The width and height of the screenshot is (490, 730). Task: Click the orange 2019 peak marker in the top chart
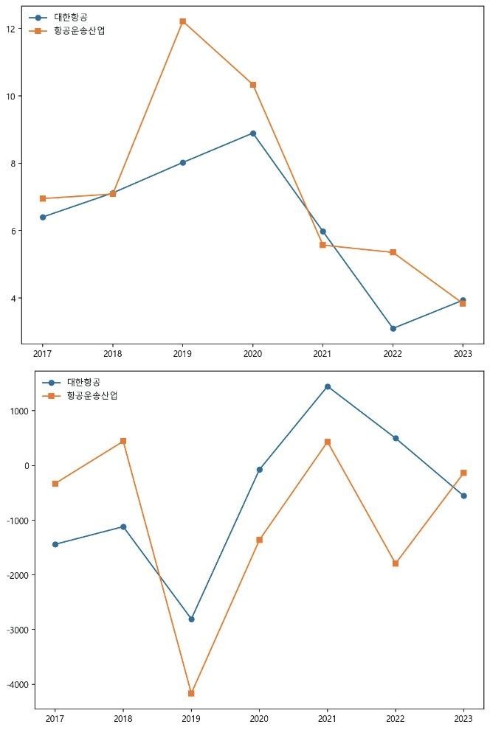tap(182, 21)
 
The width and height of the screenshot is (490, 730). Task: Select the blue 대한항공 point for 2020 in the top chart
tap(252, 133)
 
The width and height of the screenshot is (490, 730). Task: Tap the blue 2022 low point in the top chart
tap(393, 328)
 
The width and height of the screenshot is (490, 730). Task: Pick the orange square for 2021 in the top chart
tap(322, 245)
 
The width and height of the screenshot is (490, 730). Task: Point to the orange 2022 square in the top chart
tap(393, 252)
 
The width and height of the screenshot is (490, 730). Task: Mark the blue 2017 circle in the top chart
tap(43, 217)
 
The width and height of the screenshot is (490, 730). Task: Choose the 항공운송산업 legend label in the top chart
tap(80, 30)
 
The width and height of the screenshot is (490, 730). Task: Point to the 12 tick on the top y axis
tap(11, 29)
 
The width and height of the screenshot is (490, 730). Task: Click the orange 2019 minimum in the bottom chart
tap(191, 693)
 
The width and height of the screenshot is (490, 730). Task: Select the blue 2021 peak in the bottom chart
tap(327, 386)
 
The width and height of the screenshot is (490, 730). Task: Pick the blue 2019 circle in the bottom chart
tap(191, 619)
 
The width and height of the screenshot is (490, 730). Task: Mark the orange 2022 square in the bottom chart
tap(396, 563)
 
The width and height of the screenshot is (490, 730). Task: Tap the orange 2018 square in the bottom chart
tap(123, 441)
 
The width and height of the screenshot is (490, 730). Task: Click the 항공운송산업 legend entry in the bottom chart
tap(92, 396)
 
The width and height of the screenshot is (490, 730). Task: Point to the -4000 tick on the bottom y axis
tap(18, 684)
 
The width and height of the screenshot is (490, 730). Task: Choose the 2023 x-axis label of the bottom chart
tap(463, 717)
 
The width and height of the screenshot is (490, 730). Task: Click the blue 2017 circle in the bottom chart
tap(55, 544)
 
